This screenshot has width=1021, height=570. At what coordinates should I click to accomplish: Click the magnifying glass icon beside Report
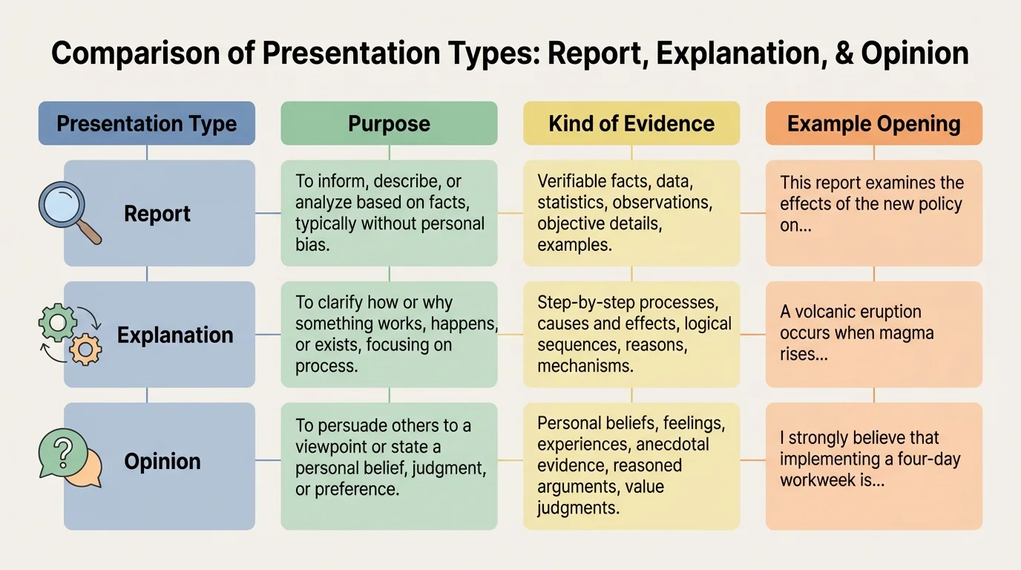tap(68, 212)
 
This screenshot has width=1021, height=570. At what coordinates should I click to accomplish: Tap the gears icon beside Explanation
tap(70, 335)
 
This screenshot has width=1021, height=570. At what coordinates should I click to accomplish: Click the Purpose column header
tap(389, 123)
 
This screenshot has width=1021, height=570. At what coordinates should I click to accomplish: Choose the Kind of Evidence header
tap(631, 123)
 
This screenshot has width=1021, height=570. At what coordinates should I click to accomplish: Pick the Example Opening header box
tap(873, 123)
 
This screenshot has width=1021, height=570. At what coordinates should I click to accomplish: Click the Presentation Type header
tap(146, 123)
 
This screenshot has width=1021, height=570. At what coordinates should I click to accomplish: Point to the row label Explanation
tap(175, 335)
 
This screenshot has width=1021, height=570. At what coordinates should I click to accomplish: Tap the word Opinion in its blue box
tap(162, 461)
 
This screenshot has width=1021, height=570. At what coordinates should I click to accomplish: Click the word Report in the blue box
tap(157, 214)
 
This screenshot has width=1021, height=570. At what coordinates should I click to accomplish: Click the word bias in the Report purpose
tap(312, 244)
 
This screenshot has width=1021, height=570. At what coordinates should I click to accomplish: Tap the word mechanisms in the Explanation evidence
tap(585, 366)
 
